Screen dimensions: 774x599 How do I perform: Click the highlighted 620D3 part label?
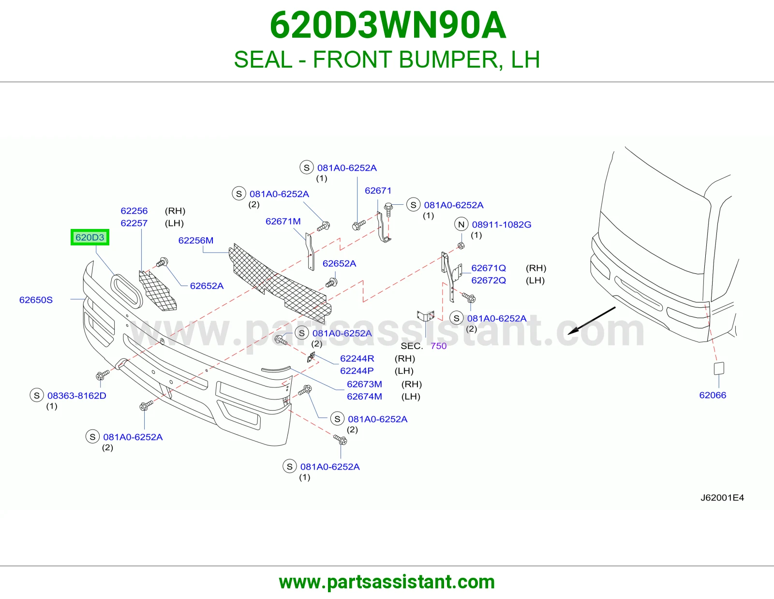click(90, 237)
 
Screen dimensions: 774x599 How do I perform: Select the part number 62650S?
click(36, 300)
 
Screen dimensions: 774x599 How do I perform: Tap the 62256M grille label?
click(196, 241)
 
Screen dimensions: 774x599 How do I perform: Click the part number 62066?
click(713, 395)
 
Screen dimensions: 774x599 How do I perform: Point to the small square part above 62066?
click(719, 369)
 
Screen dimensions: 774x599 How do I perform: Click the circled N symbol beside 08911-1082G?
click(461, 225)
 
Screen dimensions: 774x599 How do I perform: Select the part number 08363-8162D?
click(77, 396)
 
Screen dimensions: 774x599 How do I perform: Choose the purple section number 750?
click(438, 346)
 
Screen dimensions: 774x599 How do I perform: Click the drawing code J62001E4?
click(722, 498)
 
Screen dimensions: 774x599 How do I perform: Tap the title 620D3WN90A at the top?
click(387, 25)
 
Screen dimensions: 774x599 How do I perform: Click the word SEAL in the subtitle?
click(263, 59)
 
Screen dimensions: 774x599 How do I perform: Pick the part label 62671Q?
click(488, 268)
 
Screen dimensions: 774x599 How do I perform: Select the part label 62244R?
click(357, 358)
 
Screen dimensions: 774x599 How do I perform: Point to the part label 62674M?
click(364, 397)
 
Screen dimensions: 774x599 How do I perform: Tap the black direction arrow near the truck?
click(591, 321)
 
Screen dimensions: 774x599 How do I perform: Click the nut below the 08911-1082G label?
click(461, 245)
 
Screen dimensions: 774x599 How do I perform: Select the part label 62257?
click(134, 223)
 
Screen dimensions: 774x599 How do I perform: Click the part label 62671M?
click(283, 221)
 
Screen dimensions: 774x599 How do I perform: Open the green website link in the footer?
click(387, 582)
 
